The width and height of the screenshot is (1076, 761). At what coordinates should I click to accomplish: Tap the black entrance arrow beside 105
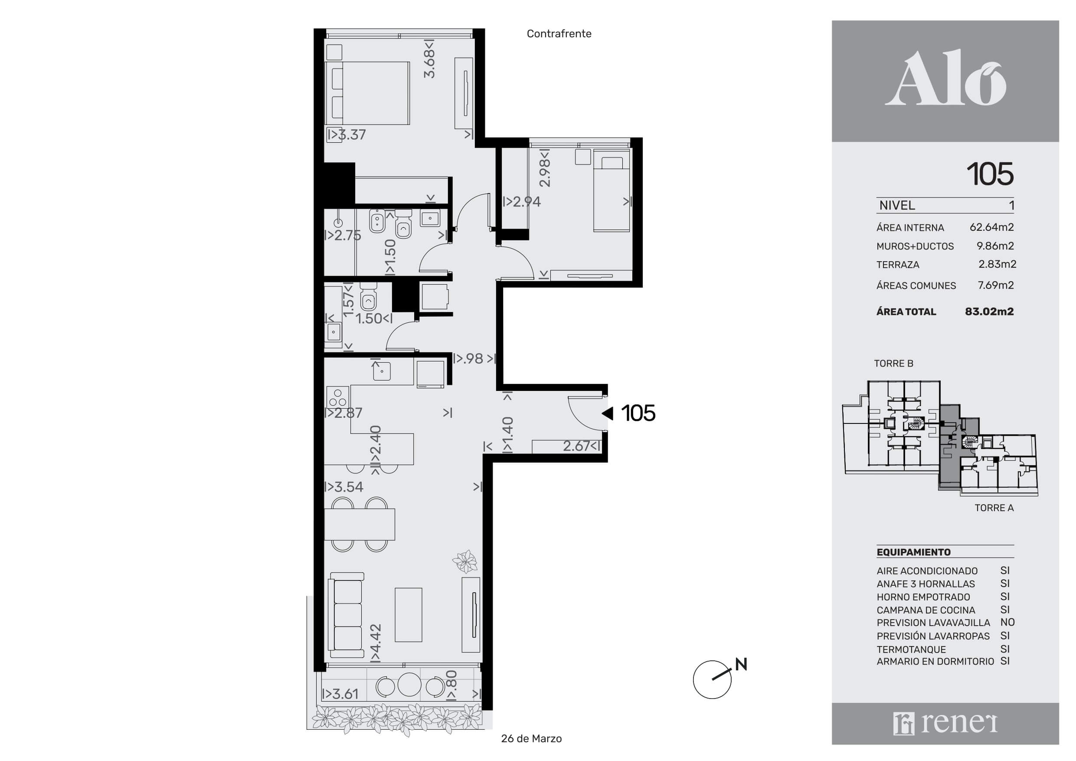pyautogui.click(x=607, y=413)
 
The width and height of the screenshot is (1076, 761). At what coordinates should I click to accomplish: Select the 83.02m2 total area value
pyautogui.click(x=989, y=312)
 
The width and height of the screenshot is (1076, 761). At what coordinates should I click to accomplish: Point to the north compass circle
pyautogui.click(x=712, y=680)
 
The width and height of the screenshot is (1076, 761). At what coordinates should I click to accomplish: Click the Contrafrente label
pyautogui.click(x=559, y=34)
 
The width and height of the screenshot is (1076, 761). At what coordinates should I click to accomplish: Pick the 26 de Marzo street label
pyautogui.click(x=531, y=738)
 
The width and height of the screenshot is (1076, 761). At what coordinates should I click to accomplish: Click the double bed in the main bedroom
pyautogui.click(x=368, y=93)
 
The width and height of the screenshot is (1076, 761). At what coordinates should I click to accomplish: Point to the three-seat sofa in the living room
pyautogui.click(x=347, y=615)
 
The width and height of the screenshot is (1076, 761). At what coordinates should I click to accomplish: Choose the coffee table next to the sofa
pyautogui.click(x=408, y=615)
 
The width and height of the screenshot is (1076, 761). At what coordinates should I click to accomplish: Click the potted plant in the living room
pyautogui.click(x=465, y=561)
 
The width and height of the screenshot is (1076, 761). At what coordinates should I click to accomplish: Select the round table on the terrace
pyautogui.click(x=409, y=685)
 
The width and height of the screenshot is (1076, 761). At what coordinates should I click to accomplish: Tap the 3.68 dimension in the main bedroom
pyautogui.click(x=429, y=58)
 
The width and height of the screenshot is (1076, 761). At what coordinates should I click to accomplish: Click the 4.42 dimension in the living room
pyautogui.click(x=376, y=643)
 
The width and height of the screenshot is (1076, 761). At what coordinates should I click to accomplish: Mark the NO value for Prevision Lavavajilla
pyautogui.click(x=1007, y=622)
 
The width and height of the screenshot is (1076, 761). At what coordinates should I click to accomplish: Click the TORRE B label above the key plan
pyautogui.click(x=894, y=364)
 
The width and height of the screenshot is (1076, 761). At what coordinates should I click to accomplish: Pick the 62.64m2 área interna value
pyautogui.click(x=991, y=227)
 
